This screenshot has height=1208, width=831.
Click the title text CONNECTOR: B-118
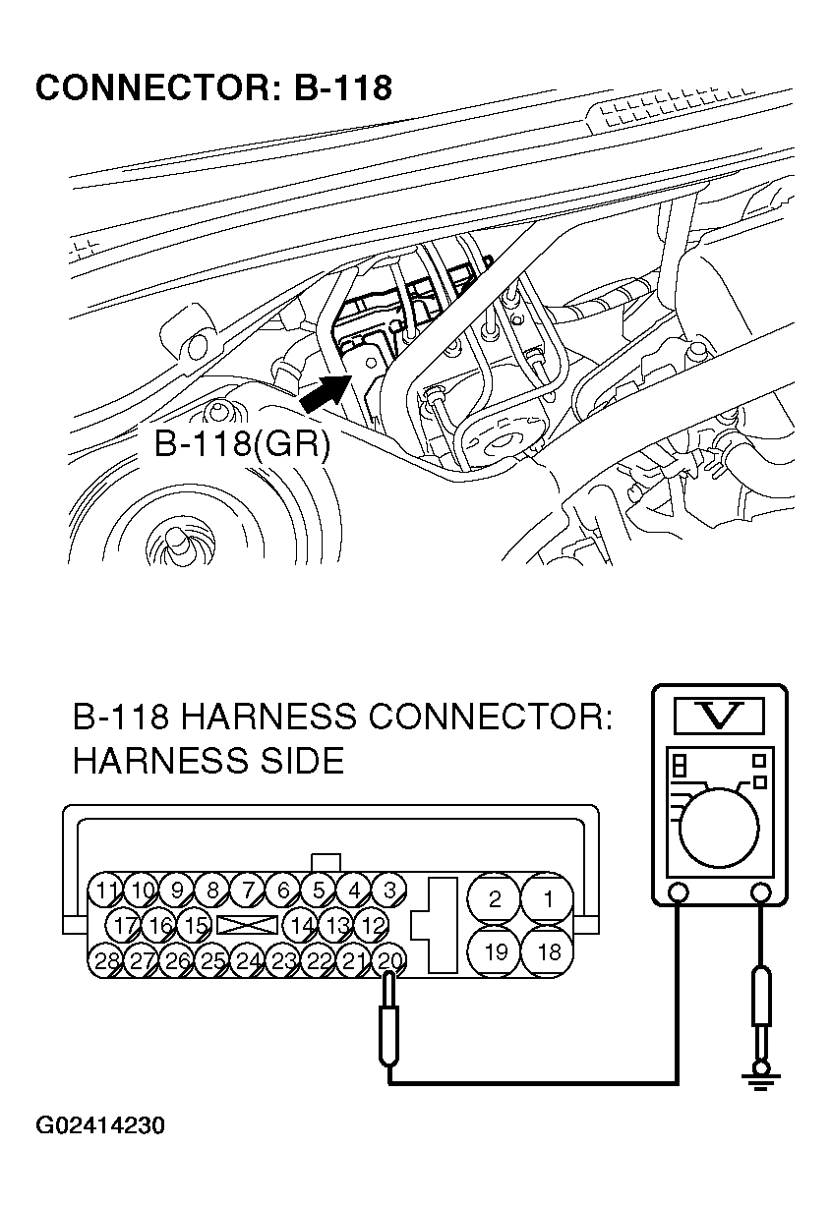tap(213, 87)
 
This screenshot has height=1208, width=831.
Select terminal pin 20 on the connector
tap(390, 959)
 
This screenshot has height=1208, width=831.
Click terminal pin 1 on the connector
tap(550, 897)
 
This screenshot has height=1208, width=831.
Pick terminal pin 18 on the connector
tap(550, 950)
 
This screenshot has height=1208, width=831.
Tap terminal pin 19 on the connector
tap(496, 950)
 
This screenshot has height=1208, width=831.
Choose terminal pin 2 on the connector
tap(496, 897)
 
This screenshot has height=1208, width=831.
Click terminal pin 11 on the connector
tap(107, 891)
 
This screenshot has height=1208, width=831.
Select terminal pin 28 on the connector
tap(107, 960)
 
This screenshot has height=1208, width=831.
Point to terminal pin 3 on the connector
tap(389, 891)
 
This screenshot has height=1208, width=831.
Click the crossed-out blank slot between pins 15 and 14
tap(247, 925)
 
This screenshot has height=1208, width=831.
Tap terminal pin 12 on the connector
tap(371, 925)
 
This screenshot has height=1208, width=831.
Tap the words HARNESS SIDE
tap(208, 760)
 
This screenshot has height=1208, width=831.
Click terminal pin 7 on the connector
tap(249, 891)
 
